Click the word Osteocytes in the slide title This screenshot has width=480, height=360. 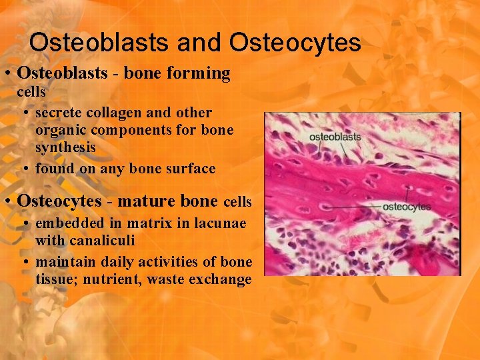click(x=295, y=43)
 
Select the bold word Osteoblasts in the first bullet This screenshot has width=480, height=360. click(x=62, y=73)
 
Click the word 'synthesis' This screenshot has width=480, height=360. click(x=65, y=147)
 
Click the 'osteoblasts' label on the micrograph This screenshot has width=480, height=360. click(x=335, y=137)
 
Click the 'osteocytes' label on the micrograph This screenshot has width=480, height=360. click(x=407, y=207)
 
